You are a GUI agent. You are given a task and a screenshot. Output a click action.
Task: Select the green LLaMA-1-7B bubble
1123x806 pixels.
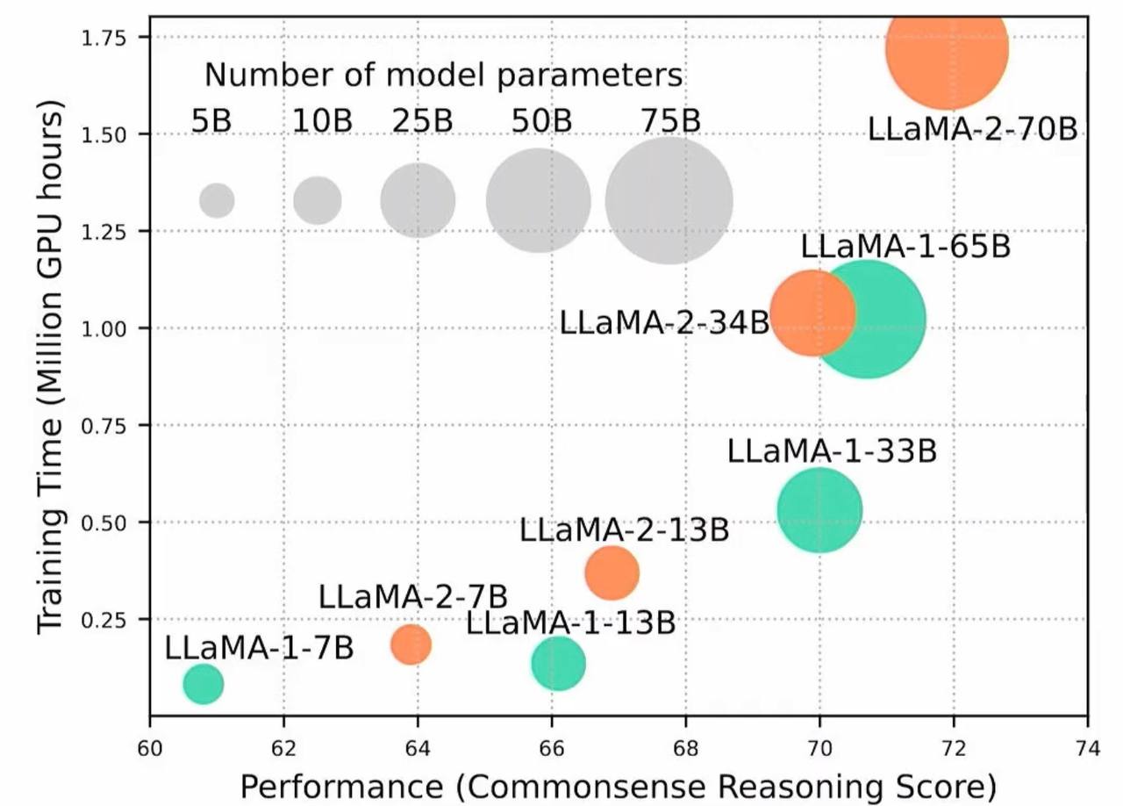click(x=203, y=684)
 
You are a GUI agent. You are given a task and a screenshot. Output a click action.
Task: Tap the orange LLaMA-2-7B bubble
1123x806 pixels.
click(x=411, y=644)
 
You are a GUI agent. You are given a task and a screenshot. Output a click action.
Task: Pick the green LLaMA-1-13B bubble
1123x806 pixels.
click(x=558, y=663)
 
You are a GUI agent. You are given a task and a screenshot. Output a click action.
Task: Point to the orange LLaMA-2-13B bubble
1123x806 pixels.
click(x=612, y=572)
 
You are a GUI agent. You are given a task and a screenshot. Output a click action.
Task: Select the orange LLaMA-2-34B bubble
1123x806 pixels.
click(x=811, y=313)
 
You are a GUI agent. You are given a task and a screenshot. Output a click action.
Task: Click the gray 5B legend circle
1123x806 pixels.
click(x=217, y=200)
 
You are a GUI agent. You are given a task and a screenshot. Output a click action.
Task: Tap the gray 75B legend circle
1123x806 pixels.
click(x=669, y=200)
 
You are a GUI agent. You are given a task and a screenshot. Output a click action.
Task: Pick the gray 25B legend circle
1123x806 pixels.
click(x=418, y=200)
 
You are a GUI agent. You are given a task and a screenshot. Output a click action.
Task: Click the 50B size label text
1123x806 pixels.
click(x=542, y=121)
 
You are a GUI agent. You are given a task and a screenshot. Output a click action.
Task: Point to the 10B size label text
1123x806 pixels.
click(x=322, y=121)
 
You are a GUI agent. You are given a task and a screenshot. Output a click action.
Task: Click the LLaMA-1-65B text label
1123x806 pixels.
click(x=905, y=247)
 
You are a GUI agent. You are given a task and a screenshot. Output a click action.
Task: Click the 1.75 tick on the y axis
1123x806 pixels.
click(x=111, y=37)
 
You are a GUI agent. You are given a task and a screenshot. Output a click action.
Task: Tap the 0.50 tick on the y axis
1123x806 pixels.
click(x=111, y=522)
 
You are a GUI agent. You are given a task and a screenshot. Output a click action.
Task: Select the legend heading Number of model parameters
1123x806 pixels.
click(x=443, y=76)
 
